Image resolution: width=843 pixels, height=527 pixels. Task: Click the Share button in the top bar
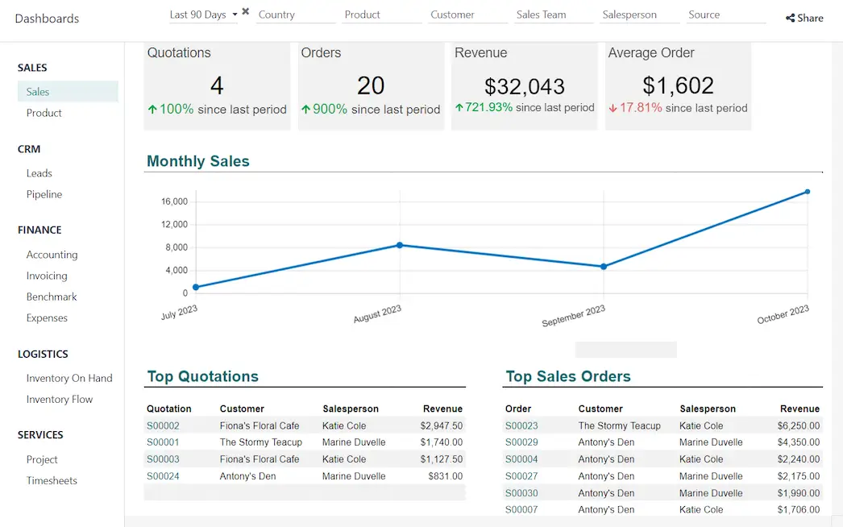coord(804,18)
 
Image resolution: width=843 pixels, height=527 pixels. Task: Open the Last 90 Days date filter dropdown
coord(203,15)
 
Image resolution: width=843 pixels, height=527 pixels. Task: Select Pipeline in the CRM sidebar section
coord(44,194)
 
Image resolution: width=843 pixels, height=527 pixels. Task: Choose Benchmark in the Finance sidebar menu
coord(52,297)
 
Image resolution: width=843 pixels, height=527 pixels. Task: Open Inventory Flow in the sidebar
coord(60,399)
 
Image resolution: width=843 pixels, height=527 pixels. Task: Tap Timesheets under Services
coord(52,480)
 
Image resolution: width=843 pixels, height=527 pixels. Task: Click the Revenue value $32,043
coord(524,86)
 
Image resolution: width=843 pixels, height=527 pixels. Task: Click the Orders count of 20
coord(371,85)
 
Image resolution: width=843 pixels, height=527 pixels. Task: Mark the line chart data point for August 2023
coord(400,245)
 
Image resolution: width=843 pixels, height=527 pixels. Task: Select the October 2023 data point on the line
coord(807,192)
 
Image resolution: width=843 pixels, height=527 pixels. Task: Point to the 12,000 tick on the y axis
coord(175,224)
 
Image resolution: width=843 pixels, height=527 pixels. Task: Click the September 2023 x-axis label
coord(573,316)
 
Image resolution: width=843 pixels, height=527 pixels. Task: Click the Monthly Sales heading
coord(198,161)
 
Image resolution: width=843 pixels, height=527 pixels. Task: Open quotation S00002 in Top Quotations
coord(163,425)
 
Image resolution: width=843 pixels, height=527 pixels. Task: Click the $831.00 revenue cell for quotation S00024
coord(445,476)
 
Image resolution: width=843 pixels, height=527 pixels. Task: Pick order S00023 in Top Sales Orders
coord(521,425)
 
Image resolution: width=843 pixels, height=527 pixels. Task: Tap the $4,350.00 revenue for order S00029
coord(798,442)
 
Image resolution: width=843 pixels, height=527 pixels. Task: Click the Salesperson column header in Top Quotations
coord(350,409)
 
